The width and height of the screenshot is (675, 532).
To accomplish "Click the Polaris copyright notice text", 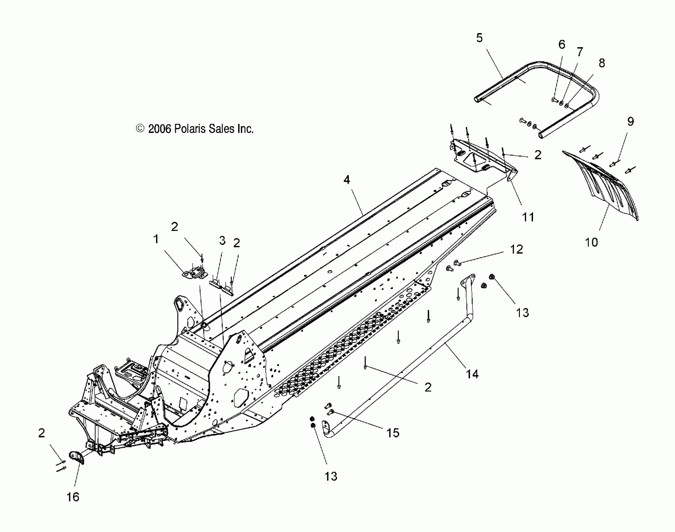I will tap(195, 129).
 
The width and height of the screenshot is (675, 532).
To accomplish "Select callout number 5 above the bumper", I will tap(479, 38).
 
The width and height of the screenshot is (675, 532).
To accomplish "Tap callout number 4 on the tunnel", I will tap(347, 180).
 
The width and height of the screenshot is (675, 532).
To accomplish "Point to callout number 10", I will tap(591, 242).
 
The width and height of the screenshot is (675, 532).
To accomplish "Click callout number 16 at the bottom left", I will tap(73, 497).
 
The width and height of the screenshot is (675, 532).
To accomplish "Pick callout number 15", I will tap(393, 433).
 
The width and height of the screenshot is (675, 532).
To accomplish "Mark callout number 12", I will tap(516, 249).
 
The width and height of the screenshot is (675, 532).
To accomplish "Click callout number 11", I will tap(528, 217).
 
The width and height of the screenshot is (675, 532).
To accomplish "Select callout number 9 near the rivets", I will tap(631, 121).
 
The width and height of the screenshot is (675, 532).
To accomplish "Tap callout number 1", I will tap(156, 239).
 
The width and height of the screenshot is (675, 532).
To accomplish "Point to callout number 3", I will tap(222, 241).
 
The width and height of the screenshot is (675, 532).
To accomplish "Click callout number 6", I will tap(562, 45).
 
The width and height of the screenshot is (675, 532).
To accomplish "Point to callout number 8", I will tap(601, 63).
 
